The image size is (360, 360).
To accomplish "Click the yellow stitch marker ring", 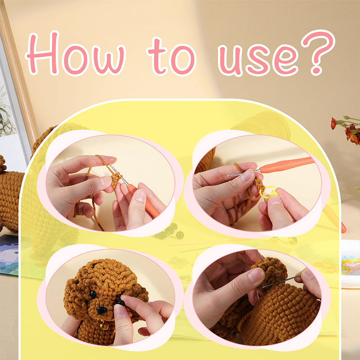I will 269,192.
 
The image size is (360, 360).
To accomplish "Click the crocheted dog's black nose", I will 102,310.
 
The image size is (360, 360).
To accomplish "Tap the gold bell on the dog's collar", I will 104,325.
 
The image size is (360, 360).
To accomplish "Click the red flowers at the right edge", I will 351,130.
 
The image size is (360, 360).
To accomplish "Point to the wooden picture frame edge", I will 20,76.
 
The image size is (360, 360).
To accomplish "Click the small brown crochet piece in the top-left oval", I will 116,180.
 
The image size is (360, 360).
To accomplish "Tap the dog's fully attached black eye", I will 93,294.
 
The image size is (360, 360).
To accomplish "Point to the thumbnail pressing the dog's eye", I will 121,310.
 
